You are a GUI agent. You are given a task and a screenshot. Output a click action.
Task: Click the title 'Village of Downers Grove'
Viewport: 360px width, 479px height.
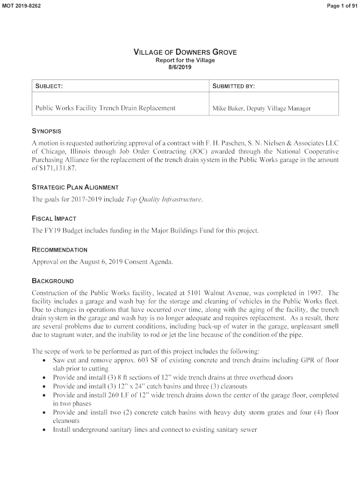[185, 52]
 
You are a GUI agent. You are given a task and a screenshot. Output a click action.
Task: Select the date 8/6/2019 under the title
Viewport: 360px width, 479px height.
[180, 67]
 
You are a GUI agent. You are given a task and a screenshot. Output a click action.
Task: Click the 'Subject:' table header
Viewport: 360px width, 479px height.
[49, 86]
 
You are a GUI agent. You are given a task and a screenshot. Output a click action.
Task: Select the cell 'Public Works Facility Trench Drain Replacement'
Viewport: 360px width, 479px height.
[105, 108]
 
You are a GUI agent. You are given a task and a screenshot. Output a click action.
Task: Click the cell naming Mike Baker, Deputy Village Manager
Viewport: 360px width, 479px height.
[261, 109]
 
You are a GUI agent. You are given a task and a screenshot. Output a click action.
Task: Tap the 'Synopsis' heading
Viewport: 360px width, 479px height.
[46, 131]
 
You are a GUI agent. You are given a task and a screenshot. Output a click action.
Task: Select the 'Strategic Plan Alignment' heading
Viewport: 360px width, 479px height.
[75, 187]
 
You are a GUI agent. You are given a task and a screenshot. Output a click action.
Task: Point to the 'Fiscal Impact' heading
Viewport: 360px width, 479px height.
[54, 218]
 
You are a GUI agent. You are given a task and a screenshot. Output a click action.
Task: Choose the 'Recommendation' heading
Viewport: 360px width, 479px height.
[59, 250]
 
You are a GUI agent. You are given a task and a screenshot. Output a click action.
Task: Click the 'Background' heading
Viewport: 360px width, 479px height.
[52, 281]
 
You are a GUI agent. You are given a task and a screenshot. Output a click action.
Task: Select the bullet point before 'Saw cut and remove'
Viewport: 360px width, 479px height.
[43, 361]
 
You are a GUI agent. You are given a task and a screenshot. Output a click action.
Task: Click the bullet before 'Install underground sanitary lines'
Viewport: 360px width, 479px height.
[43, 429]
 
